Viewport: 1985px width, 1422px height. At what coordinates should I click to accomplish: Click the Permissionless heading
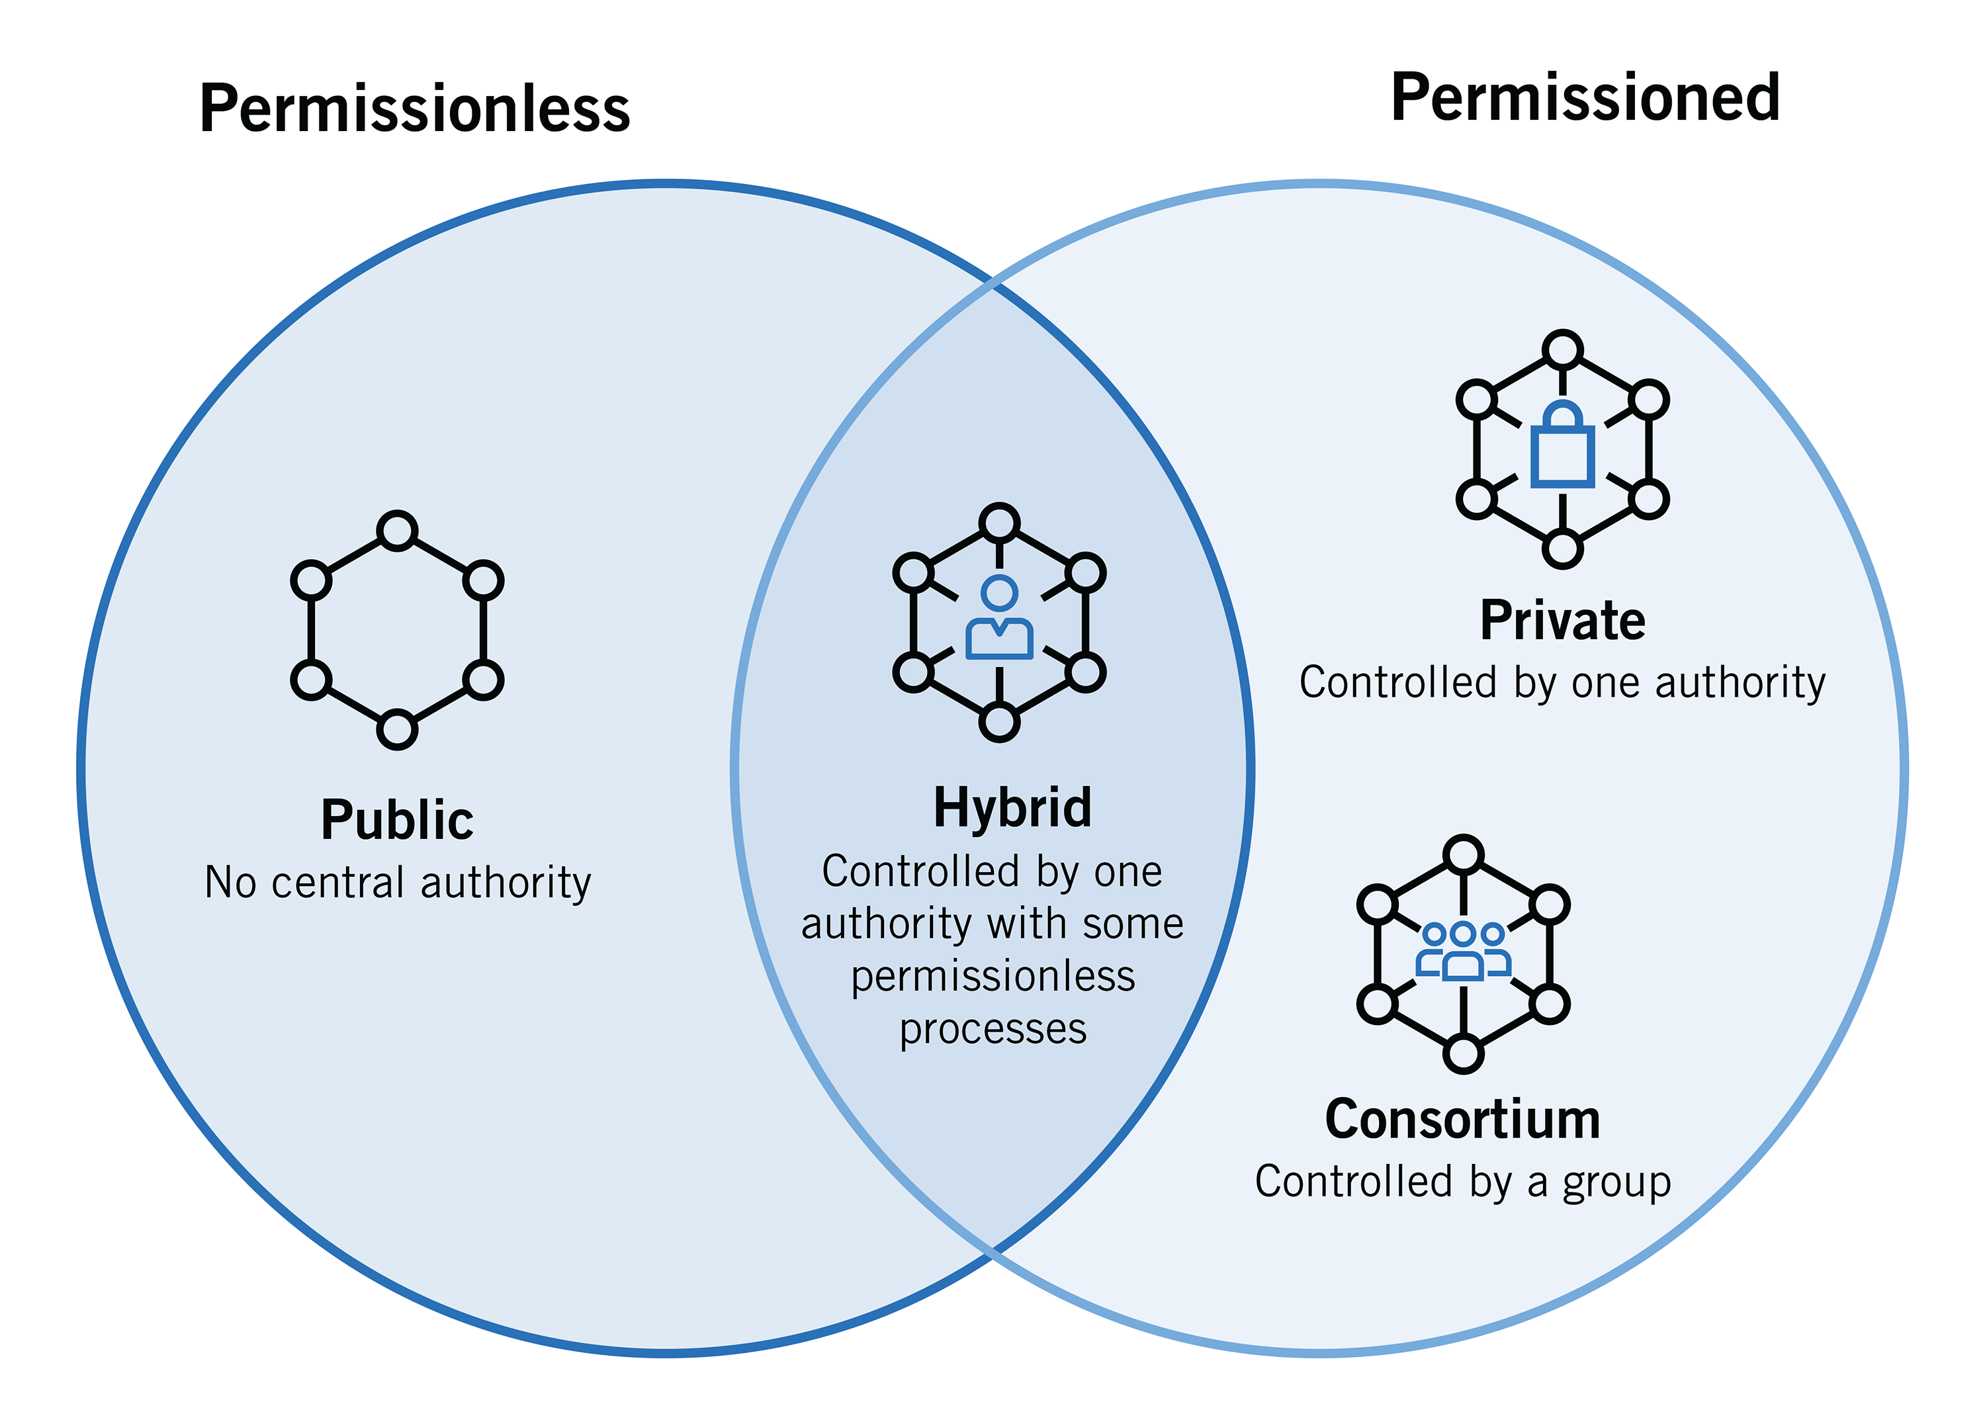tap(414, 109)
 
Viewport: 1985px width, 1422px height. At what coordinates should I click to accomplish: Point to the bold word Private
tap(1562, 621)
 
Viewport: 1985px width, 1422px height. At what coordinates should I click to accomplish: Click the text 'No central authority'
tap(398, 882)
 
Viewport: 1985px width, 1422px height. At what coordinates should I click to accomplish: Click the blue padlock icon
tap(1562, 445)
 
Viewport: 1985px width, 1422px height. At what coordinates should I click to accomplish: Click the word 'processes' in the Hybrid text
tap(992, 1029)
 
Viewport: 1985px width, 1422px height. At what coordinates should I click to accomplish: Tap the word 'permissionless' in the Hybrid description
tap(992, 976)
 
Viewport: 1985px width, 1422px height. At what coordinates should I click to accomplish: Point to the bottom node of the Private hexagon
tap(1562, 550)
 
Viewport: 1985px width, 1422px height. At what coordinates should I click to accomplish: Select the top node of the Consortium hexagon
tap(1462, 855)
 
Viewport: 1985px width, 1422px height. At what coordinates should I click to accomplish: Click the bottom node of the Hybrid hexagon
tap(998, 723)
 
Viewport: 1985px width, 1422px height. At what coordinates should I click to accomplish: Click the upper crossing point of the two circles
tap(992, 285)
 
